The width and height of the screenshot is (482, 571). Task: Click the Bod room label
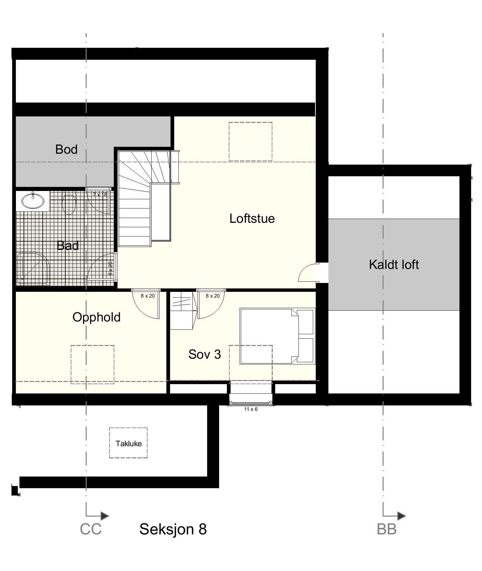66,149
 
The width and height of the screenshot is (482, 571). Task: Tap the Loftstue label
252,219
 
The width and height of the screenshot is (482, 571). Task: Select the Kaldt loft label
394,265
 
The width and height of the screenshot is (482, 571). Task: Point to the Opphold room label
97,317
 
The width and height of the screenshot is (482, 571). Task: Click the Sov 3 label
205,354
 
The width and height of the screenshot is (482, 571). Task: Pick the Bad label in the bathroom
68,246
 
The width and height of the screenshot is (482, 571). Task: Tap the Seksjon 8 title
173,529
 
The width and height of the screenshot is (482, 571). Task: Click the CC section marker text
90,529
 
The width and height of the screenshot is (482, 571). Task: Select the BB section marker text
386,529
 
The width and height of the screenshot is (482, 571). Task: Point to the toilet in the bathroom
69,204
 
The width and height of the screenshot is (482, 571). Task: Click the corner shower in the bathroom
33,268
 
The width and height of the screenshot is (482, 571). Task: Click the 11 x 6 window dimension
251,409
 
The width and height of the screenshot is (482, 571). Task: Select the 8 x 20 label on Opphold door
148,296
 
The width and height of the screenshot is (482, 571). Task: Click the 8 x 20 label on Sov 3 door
212,296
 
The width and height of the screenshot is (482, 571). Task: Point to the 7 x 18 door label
100,194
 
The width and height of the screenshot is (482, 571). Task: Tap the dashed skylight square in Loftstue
250,142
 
